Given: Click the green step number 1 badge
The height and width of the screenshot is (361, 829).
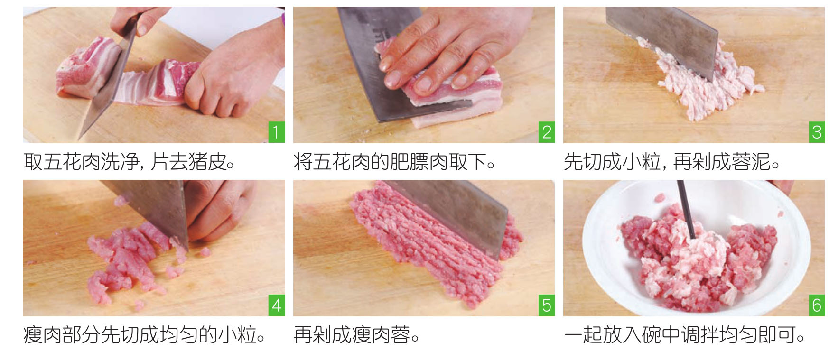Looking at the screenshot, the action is pyautogui.click(x=276, y=132).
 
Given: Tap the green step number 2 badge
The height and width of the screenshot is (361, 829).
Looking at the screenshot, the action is pyautogui.click(x=547, y=132).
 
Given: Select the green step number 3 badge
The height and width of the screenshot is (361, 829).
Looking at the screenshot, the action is pyautogui.click(x=817, y=132).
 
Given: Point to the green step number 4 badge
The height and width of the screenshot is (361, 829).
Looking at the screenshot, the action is pyautogui.click(x=276, y=305).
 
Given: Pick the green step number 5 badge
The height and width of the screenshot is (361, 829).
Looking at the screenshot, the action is pyautogui.click(x=547, y=305).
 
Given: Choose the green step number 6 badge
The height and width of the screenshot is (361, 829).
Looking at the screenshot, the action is pyautogui.click(x=817, y=305).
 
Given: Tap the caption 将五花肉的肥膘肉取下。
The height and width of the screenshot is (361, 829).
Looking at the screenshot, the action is pyautogui.click(x=394, y=162).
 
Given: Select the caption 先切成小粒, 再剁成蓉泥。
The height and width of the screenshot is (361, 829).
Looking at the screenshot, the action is pyautogui.click(x=672, y=162).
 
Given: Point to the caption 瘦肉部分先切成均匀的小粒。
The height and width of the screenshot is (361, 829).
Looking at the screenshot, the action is pyautogui.click(x=144, y=335).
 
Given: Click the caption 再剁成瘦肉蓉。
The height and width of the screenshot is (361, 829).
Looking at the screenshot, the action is pyautogui.click(x=357, y=335).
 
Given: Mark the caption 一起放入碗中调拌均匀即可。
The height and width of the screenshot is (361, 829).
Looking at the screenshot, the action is pyautogui.click(x=685, y=335).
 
